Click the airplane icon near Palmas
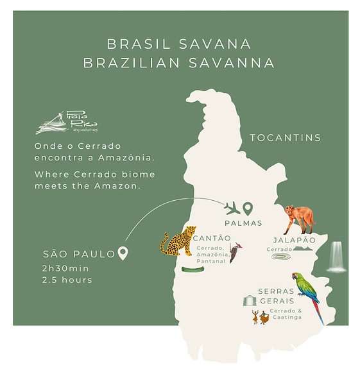[232, 208]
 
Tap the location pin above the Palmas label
[248, 208]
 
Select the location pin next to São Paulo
[123, 253]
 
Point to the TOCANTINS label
[285, 138]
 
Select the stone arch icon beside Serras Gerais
[250, 300]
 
